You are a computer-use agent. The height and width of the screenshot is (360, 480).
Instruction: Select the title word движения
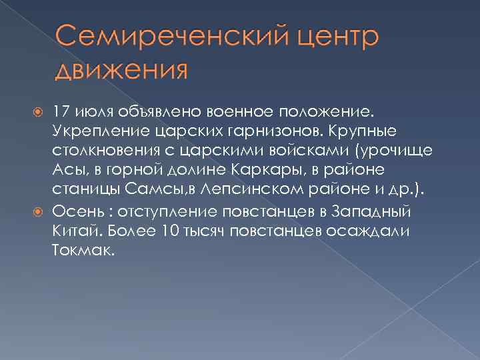[121, 68]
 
